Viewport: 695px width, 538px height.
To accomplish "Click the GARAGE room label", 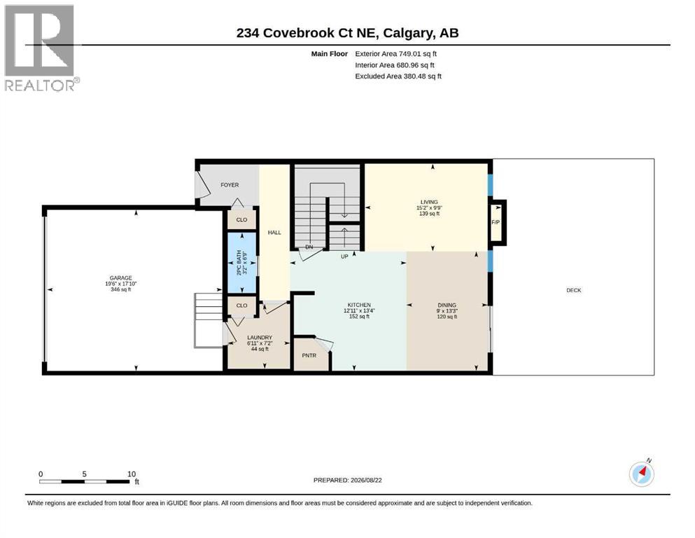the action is [121, 278].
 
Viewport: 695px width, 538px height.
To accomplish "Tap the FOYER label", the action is [230, 185].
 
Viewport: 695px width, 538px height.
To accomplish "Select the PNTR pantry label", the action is [309, 355].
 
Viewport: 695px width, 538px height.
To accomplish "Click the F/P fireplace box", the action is [496, 222].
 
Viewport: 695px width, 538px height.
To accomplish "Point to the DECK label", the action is [573, 290].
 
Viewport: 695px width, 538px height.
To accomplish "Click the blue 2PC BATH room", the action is [242, 263].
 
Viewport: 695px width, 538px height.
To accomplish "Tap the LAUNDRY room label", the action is [260, 338].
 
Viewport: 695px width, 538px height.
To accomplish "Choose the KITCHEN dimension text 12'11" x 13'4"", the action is [359, 310].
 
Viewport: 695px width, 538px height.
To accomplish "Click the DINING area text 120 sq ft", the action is [447, 316].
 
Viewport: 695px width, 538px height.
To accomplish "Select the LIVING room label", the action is [429, 202].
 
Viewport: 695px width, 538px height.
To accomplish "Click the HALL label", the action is [274, 233].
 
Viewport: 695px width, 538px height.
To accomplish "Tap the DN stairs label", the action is [309, 247].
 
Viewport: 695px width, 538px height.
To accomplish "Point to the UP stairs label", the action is [344, 256].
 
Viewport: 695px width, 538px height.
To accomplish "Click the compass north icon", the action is [641, 474].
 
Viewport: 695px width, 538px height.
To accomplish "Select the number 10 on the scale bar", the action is [131, 474].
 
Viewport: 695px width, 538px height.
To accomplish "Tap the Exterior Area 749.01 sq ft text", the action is [396, 54].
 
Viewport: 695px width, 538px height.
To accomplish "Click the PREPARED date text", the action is [347, 480].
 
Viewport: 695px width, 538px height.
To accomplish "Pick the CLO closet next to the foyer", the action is [241, 219].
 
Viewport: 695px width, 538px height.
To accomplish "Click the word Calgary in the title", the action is [408, 33].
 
